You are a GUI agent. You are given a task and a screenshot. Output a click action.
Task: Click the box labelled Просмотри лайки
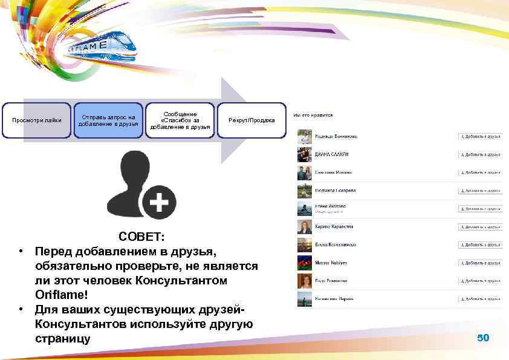pos(36,120)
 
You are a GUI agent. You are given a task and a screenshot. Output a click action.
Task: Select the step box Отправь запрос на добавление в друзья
pos(108,120)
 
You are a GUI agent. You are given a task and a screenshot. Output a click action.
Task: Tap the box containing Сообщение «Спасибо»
pos(180,120)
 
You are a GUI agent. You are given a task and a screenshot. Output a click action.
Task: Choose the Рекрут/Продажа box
pos(251,120)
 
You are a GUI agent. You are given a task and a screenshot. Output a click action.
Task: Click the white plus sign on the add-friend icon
pos(159,202)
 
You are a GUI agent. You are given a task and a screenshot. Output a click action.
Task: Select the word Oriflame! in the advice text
pos(61,295)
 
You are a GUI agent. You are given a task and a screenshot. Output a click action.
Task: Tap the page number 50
pos(483,338)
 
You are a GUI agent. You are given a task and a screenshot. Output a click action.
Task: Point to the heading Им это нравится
pos(313,114)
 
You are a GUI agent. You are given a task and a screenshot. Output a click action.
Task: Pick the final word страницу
pos(62,338)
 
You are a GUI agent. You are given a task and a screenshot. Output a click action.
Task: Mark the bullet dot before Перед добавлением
pos(21,251)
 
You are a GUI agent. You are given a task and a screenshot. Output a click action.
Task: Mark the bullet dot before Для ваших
pos(21,309)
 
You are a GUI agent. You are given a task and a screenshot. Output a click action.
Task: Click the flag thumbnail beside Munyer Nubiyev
pos(304,263)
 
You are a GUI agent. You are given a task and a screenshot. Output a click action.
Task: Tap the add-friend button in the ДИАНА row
pos(480,154)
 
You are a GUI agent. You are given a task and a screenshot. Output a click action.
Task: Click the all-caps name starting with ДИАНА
pos(332,154)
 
